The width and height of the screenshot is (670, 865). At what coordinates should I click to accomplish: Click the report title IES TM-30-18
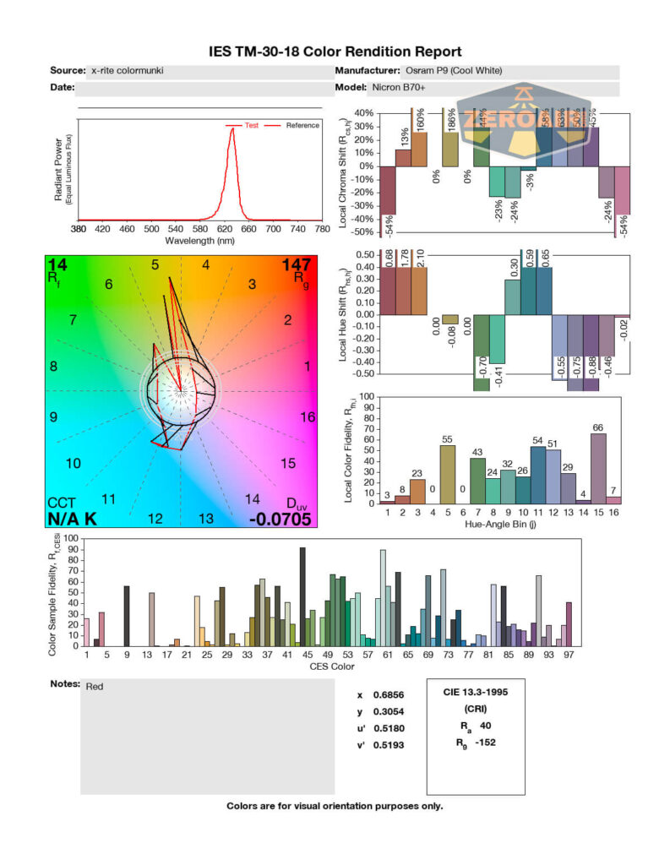tap(335, 52)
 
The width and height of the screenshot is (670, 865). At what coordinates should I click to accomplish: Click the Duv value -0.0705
tap(281, 519)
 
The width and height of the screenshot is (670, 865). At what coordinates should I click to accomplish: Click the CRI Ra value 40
tap(485, 726)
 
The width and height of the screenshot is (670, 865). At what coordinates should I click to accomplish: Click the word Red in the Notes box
tap(95, 687)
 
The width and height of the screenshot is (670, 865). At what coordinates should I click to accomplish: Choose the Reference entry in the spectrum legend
tap(302, 125)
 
